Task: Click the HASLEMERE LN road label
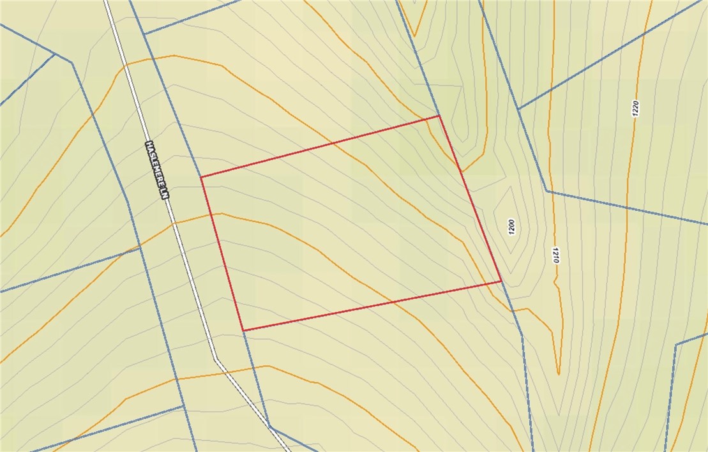[159, 170]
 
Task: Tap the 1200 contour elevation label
[511, 227]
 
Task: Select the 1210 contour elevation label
[555, 256]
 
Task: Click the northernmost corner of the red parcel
[439, 116]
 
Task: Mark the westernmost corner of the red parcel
[201, 177]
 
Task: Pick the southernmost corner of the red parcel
[243, 331]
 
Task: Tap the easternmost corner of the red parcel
[501, 281]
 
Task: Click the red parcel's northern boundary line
[319, 146]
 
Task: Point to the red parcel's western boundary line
[222, 253]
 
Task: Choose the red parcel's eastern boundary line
[470, 198]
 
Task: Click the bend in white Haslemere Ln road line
[216, 359]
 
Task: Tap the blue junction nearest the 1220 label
[519, 109]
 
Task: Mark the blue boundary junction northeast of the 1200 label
[547, 191]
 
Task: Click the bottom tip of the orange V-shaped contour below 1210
[558, 374]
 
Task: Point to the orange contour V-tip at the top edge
[415, 36]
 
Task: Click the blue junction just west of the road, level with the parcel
[140, 247]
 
